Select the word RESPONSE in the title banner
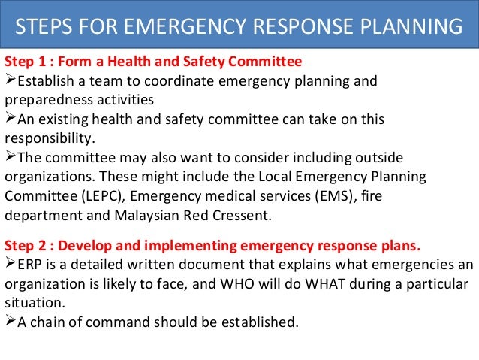[x=273, y=27]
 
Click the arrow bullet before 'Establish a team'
[x=10, y=80]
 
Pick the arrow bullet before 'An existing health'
[x=10, y=119]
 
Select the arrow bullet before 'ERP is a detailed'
[x=10, y=265]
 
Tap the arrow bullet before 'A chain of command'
[x=10, y=322]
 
